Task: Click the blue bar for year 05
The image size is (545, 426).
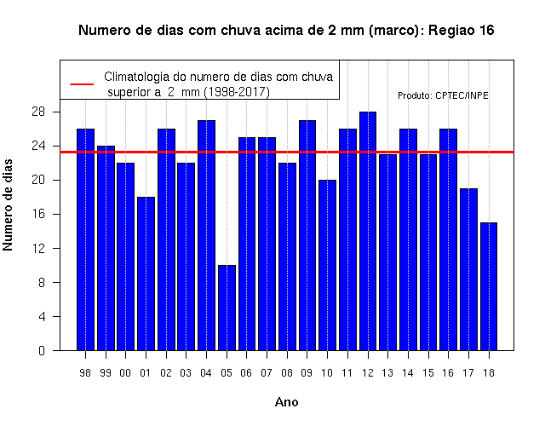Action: (x=227, y=308)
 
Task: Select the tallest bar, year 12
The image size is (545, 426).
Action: (x=368, y=231)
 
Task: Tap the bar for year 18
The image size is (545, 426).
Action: (x=489, y=286)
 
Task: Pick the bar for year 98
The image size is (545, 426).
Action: (x=85, y=239)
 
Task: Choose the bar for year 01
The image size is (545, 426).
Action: (x=146, y=273)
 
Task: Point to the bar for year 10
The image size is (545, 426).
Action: (x=327, y=265)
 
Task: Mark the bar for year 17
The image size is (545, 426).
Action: (x=468, y=269)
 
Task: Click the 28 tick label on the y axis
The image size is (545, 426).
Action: (x=38, y=112)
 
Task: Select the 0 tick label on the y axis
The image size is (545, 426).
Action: (x=42, y=350)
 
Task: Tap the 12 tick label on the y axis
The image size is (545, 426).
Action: (x=38, y=248)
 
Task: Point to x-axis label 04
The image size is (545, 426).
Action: (x=206, y=373)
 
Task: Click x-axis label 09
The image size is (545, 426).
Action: (x=307, y=373)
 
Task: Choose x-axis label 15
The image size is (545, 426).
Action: (x=427, y=373)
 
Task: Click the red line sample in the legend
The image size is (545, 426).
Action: (x=82, y=84)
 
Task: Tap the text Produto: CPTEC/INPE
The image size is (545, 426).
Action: (x=443, y=95)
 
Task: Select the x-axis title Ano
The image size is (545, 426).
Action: (x=286, y=402)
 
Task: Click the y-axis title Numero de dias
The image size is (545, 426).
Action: (x=8, y=204)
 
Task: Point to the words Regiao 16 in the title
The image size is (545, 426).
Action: (x=462, y=31)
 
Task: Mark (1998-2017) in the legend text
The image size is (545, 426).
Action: (x=237, y=92)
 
